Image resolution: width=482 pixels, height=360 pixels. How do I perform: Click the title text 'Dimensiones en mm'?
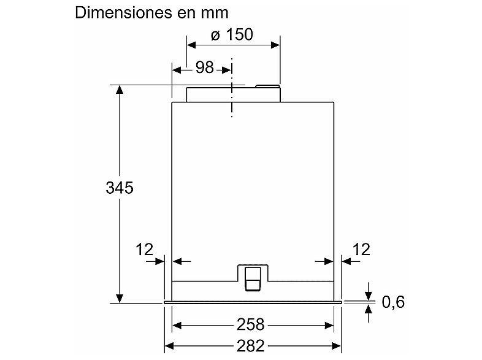point(151,13)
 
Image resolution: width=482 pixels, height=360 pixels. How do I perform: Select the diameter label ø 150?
point(232,35)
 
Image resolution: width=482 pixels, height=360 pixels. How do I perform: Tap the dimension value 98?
point(204,68)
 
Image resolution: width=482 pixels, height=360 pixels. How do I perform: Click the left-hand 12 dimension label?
point(145,249)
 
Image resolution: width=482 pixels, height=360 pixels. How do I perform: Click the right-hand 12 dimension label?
point(362,249)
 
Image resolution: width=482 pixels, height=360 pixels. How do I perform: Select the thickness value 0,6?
point(393,302)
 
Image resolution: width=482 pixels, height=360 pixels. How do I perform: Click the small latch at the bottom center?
point(253,277)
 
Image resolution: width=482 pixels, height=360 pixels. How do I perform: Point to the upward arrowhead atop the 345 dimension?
point(120,90)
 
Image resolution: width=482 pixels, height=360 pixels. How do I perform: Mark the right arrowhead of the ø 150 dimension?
point(275,45)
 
